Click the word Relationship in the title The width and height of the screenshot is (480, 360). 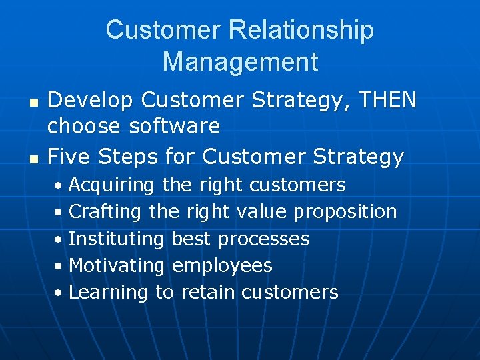(301, 30)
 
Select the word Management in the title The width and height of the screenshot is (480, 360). (240, 62)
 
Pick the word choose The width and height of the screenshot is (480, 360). (81, 126)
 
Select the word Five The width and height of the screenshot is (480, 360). (69, 157)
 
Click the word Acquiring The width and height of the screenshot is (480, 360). (111, 185)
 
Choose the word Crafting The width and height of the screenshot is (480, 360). (105, 212)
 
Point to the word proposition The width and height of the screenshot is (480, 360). (345, 212)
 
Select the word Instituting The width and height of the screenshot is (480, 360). (116, 239)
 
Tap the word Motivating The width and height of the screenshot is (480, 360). (117, 265)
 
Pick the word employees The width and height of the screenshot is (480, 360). (222, 265)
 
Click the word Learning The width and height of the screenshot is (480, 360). (108, 292)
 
